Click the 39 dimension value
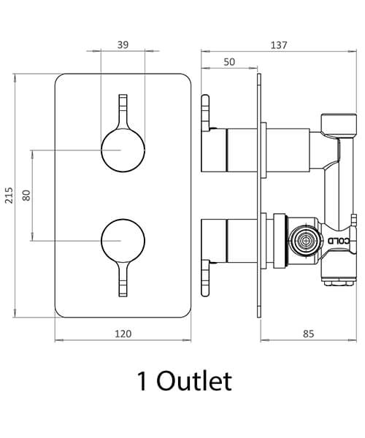123,45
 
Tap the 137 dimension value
278,45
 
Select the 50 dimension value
228,63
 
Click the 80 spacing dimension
27,195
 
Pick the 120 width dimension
123,334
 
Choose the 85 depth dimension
308,334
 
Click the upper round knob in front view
122,150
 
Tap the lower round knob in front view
122,239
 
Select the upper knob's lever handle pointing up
123,109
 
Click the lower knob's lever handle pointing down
123,282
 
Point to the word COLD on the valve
341,240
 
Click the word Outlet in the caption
195,381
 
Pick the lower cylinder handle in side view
240,240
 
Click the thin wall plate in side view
258,190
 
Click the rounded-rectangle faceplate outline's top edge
123,72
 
